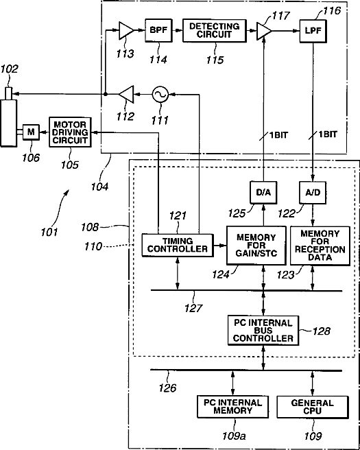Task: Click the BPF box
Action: tap(158, 30)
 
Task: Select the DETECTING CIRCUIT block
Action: tap(215, 31)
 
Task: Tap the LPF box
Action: tap(313, 31)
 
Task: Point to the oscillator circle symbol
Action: tap(160, 95)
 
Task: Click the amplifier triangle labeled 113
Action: tap(125, 30)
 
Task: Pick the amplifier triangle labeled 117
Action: tap(263, 30)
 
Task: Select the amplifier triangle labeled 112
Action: tap(127, 94)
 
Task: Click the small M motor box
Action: tap(32, 132)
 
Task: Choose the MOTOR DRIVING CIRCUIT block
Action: tap(70, 132)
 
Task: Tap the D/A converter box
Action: tap(263, 193)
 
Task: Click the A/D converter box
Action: tap(313, 193)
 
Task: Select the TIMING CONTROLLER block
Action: tap(178, 245)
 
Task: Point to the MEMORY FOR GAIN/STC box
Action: tap(256, 246)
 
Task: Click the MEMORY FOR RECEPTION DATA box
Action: tap(320, 246)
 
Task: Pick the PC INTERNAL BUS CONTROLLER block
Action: tap(263, 331)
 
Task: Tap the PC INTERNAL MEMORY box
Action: tap(233, 407)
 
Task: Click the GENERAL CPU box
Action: tap(313, 407)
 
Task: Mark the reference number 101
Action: tap(49, 232)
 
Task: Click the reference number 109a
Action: tap(235, 436)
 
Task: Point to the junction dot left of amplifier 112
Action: tap(106, 94)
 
